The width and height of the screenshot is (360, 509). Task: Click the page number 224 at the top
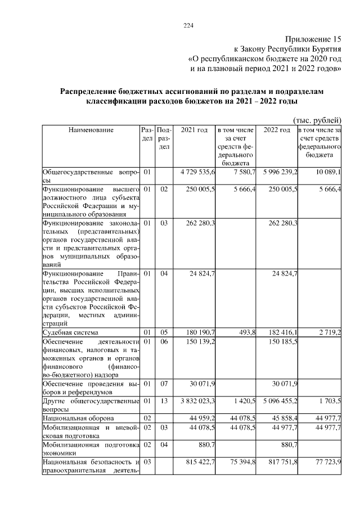188,25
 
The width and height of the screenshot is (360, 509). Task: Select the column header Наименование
91,130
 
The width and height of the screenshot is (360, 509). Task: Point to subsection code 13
164,401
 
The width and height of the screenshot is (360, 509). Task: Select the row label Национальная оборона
78,418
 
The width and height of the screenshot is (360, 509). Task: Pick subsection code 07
164,384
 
